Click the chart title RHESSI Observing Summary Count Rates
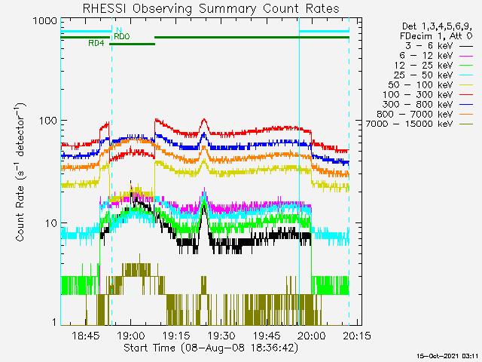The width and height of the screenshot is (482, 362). (x=211, y=8)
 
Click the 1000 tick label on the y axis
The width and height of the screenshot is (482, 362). (x=45, y=21)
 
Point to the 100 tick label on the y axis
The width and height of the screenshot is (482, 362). (x=48, y=121)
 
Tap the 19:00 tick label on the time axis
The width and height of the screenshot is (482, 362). (x=130, y=336)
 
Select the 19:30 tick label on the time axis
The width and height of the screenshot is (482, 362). (x=221, y=336)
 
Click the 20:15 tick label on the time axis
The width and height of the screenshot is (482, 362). (x=357, y=336)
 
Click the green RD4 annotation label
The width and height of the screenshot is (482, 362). (x=96, y=44)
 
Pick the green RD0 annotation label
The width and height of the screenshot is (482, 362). (x=122, y=37)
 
